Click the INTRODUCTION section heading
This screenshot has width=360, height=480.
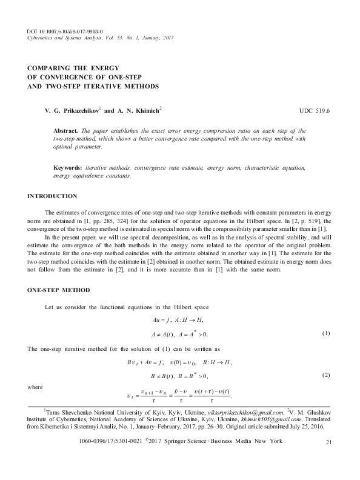pos(53,196)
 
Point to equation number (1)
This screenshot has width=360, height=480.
pos(325,334)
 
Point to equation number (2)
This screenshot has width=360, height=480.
pos(325,375)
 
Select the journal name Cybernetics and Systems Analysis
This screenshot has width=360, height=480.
pos(67,38)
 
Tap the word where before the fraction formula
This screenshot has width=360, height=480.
pos(36,385)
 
